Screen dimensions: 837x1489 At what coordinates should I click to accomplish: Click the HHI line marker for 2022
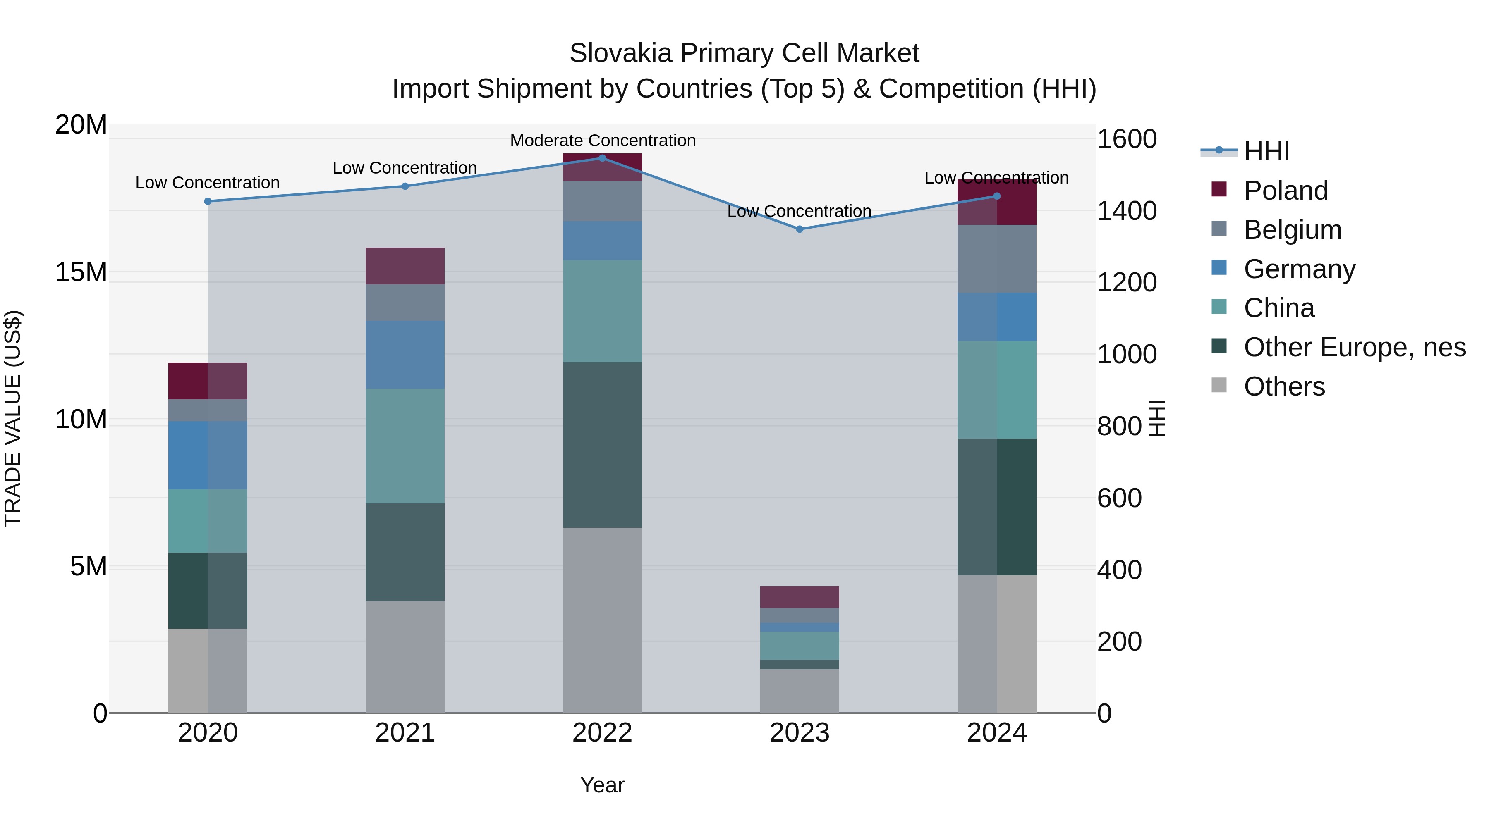click(x=602, y=158)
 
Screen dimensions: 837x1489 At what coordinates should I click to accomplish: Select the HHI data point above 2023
click(x=800, y=229)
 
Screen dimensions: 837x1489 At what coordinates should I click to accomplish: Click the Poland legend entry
click(x=1285, y=191)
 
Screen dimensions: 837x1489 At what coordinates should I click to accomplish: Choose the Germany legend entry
click(x=1298, y=269)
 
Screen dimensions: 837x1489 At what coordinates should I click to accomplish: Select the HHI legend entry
click(x=1266, y=151)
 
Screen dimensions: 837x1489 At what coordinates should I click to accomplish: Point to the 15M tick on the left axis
click(x=81, y=272)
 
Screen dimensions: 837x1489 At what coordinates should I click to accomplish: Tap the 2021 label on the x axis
click(x=405, y=733)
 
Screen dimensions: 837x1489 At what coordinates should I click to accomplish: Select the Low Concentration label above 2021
click(x=405, y=168)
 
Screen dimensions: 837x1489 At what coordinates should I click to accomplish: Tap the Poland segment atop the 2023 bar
click(x=800, y=597)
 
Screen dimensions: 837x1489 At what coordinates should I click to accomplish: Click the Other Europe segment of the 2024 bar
click(x=996, y=507)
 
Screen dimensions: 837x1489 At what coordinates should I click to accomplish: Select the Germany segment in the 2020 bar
click(x=208, y=455)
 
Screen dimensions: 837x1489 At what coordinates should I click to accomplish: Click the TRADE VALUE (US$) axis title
click(x=13, y=418)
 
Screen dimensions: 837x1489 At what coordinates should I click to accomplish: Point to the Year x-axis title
click(x=602, y=785)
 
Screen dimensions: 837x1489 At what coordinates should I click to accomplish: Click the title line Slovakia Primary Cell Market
click(x=744, y=53)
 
